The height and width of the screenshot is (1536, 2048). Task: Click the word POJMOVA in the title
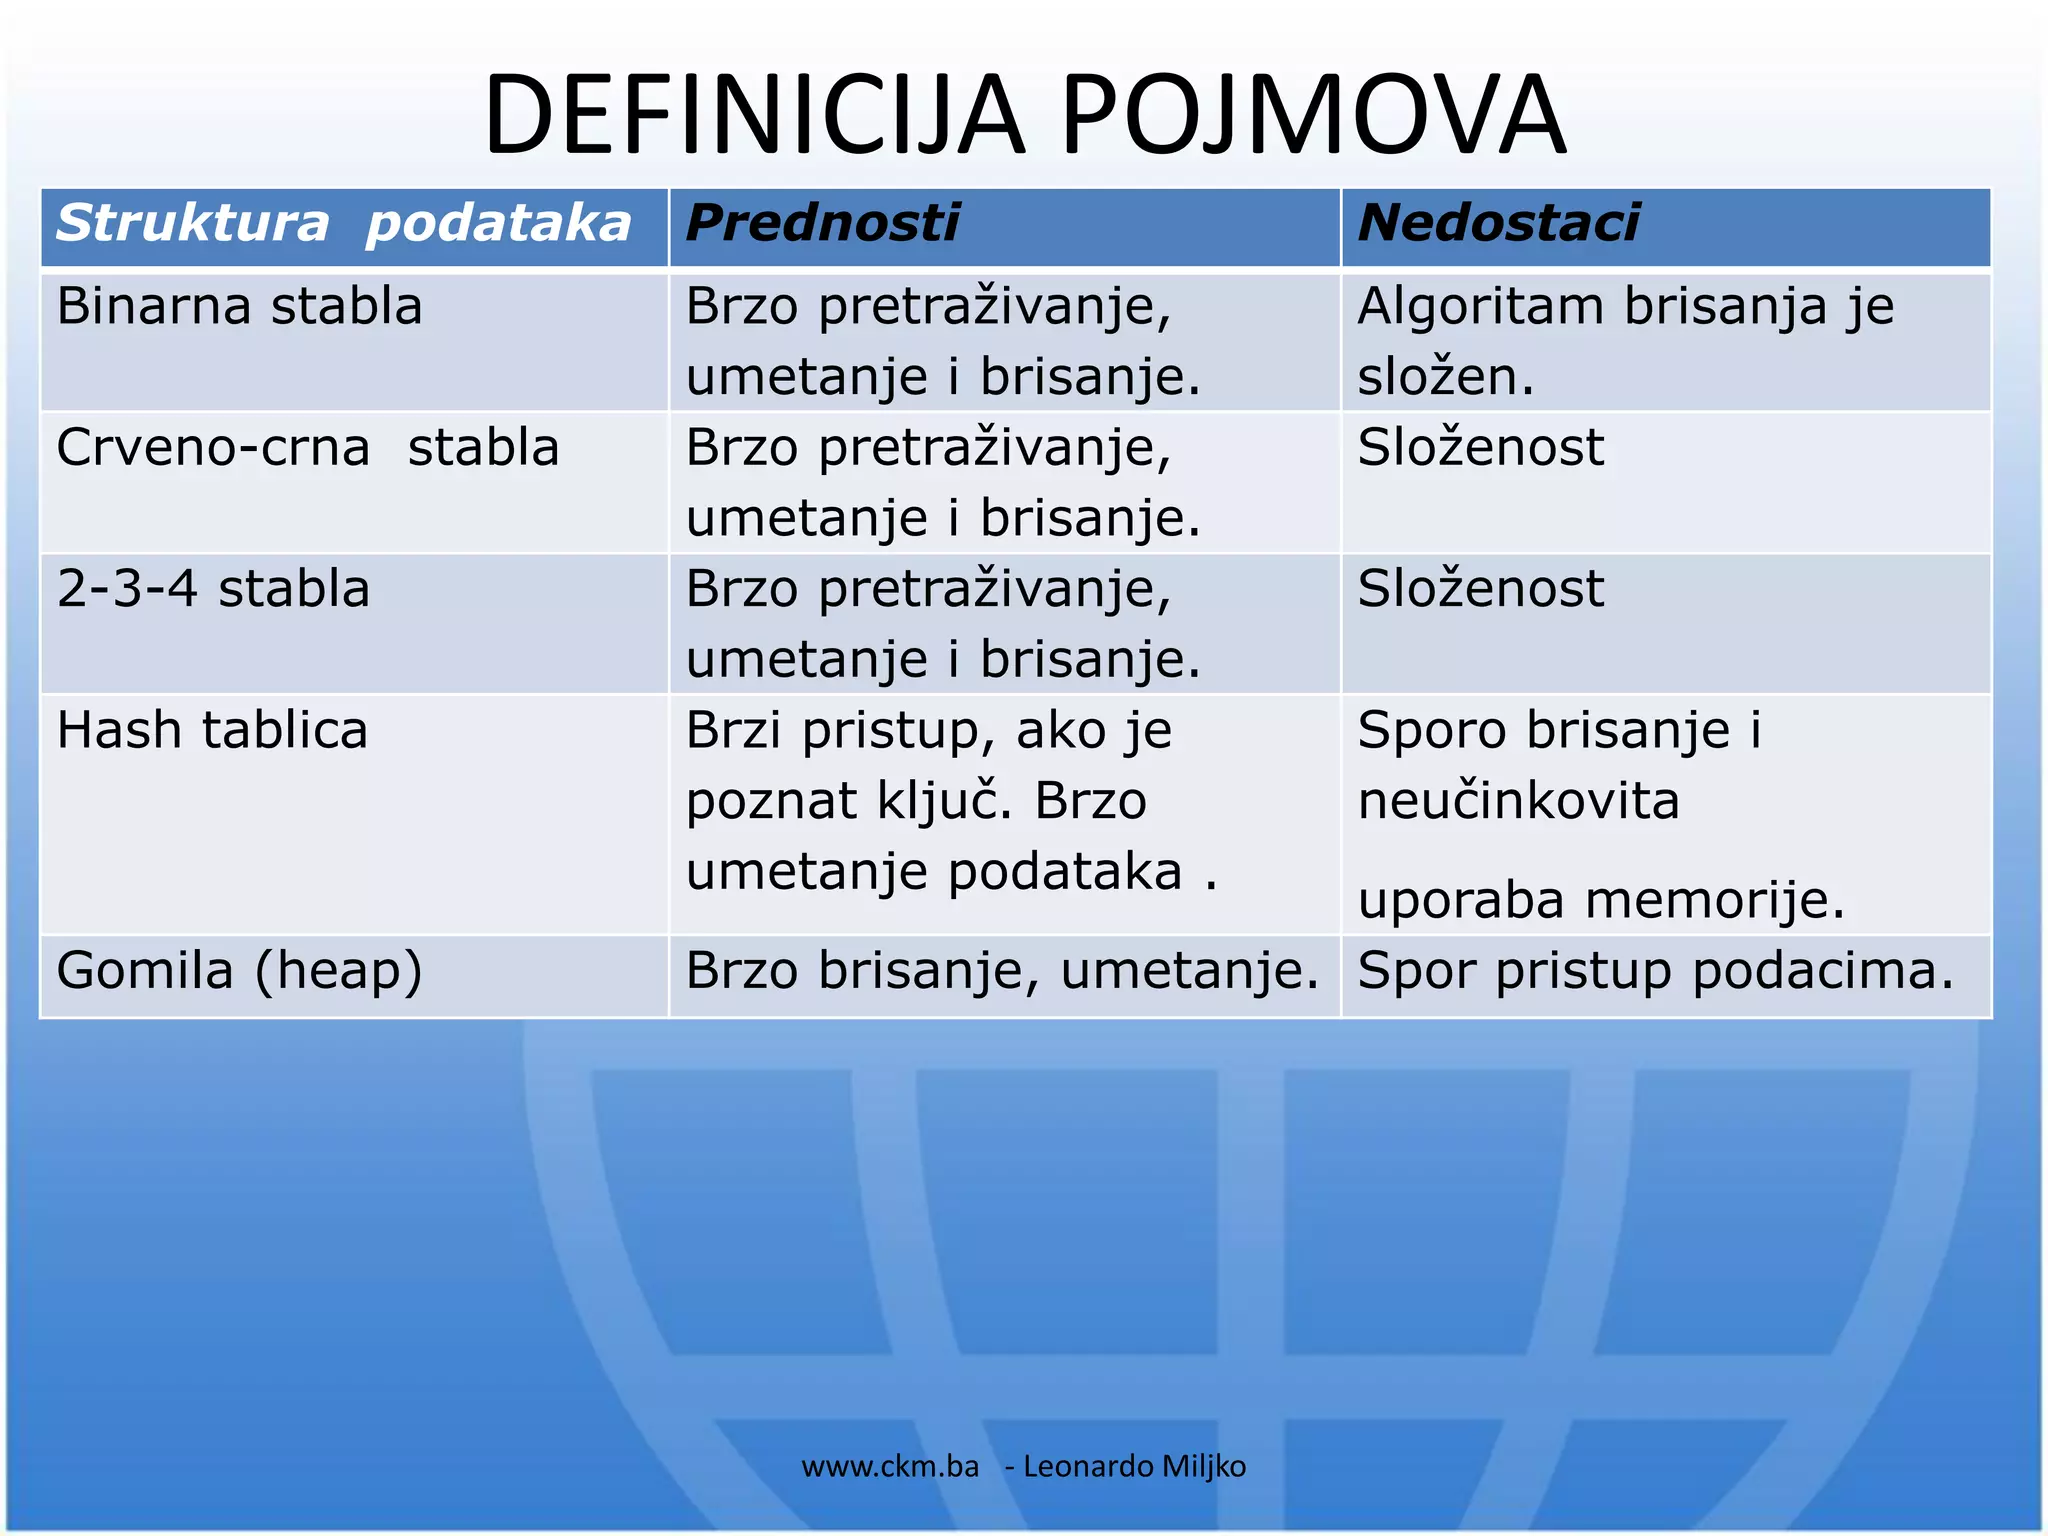pyautogui.click(x=1312, y=115)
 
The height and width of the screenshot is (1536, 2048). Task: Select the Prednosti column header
pyautogui.click(x=822, y=223)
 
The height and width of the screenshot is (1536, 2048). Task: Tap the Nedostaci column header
pyautogui.click(x=1498, y=223)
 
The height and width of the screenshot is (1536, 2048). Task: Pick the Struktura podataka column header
pyautogui.click(x=343, y=223)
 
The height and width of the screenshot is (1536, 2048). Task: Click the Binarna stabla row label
pyautogui.click(x=239, y=306)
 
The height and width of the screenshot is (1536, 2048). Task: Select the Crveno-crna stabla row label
pyautogui.click(x=307, y=447)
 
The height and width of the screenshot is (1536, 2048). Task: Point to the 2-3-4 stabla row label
pyautogui.click(x=213, y=588)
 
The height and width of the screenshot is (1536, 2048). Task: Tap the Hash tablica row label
pyautogui.click(x=212, y=730)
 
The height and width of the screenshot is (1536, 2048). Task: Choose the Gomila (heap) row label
pyautogui.click(x=239, y=971)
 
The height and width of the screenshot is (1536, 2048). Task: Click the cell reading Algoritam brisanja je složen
pyautogui.click(x=1625, y=341)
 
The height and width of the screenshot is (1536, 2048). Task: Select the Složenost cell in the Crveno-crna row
pyautogui.click(x=1480, y=447)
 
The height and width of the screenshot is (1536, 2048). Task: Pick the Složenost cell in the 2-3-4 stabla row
pyautogui.click(x=1480, y=588)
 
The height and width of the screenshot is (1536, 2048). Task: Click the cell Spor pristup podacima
pyautogui.click(x=1655, y=971)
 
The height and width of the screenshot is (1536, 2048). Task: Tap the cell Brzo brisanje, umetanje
pyautogui.click(x=1002, y=971)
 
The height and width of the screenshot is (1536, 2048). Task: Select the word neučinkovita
pyautogui.click(x=1518, y=801)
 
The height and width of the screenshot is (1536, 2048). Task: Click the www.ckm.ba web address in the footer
pyautogui.click(x=890, y=1466)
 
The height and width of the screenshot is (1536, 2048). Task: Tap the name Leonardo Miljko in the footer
pyautogui.click(x=1134, y=1466)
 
